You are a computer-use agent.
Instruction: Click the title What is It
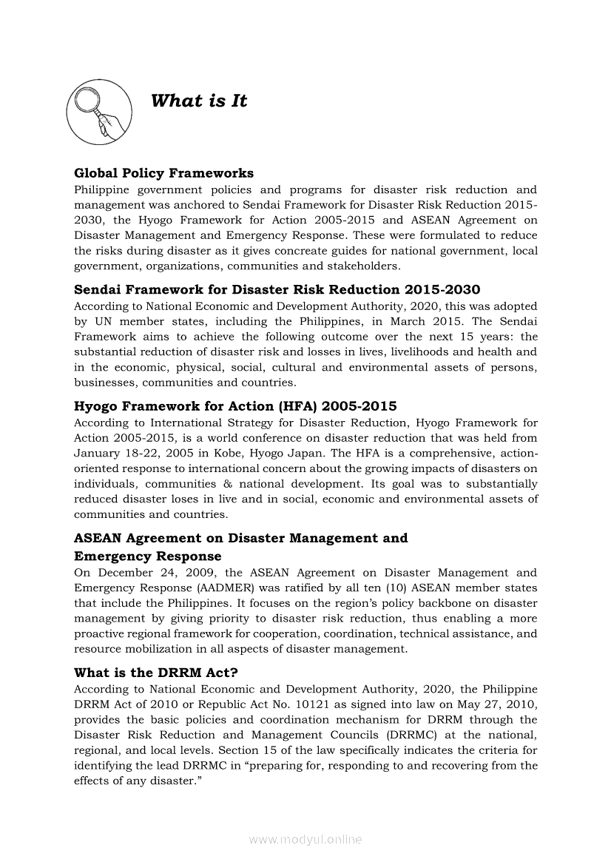(x=198, y=101)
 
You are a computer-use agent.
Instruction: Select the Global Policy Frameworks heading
(x=163, y=173)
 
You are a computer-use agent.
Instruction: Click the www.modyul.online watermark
(x=305, y=840)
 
